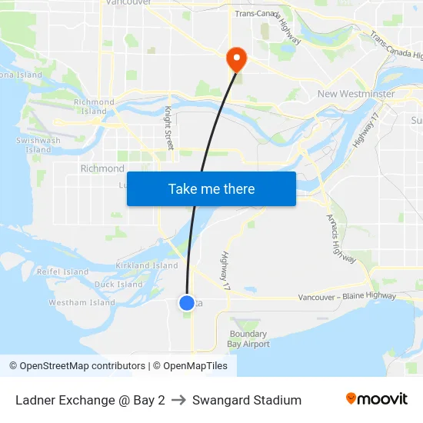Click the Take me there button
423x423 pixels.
(211, 188)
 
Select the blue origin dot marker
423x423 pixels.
(187, 303)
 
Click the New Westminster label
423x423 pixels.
(356, 94)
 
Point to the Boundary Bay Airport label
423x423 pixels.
(249, 339)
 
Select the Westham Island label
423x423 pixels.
(82, 303)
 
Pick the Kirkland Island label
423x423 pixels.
(147, 265)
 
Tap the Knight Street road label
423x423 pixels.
(169, 128)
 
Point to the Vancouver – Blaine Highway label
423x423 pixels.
(348, 296)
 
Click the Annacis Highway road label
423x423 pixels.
(341, 239)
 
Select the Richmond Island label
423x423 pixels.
(94, 106)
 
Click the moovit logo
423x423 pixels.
(377, 399)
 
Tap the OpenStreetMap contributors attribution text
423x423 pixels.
(79, 366)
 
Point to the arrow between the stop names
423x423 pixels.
(178, 400)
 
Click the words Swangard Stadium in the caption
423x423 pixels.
(247, 400)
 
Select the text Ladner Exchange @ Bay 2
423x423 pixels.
(90, 400)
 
